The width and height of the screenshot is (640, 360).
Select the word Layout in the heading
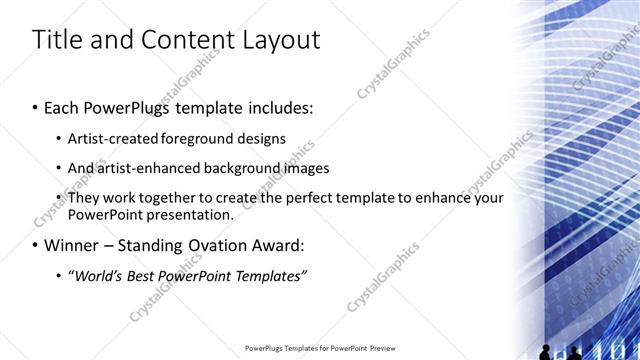click(278, 40)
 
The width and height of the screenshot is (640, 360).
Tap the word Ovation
click(226, 244)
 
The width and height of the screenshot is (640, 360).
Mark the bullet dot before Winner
click(37, 245)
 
